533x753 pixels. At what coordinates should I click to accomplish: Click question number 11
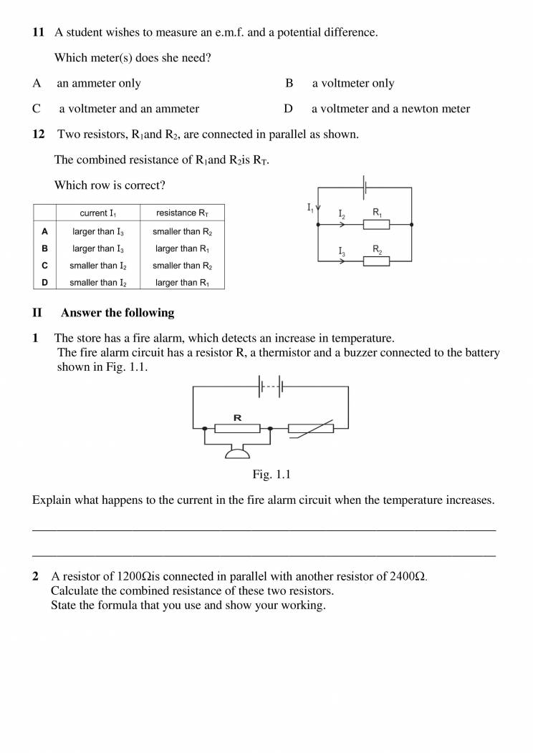tap(38, 32)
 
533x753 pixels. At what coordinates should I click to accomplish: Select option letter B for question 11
tap(289, 83)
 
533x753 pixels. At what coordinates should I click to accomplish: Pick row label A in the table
tap(44, 231)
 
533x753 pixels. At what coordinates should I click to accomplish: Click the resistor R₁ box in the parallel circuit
tap(376, 225)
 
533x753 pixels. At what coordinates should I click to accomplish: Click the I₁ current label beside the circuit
tap(310, 208)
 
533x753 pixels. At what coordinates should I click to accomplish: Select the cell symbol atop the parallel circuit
tap(365, 188)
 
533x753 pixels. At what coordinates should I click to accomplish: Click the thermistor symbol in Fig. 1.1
tap(311, 429)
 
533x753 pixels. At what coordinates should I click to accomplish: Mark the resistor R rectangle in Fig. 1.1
tap(237, 429)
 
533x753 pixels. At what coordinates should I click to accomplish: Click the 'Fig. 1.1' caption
tap(271, 474)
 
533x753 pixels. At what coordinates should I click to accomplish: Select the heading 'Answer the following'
tap(117, 313)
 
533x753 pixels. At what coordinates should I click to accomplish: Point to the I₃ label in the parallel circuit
tap(342, 251)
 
